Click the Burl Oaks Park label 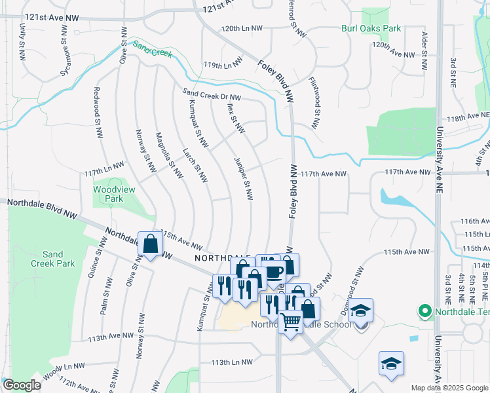371,28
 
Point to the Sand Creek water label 152,48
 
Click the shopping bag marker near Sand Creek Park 151,244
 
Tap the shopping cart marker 291,321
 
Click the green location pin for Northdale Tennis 424,310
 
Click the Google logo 22,385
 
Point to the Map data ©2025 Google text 449,388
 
